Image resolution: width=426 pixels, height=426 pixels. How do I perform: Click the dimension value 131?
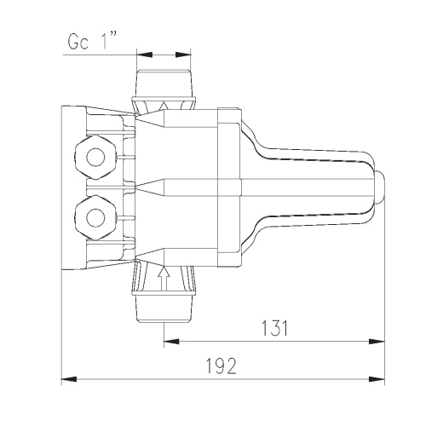[274, 328]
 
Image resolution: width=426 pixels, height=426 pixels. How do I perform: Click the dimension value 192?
[221, 366]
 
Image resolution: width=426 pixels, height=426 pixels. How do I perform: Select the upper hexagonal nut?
[95, 158]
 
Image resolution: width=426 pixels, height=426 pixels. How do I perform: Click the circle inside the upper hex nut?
[95, 158]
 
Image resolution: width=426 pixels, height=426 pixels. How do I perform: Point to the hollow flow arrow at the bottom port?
[164, 279]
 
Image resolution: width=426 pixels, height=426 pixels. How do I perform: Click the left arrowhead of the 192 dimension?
[69, 379]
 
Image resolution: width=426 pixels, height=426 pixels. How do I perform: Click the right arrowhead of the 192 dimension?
[377, 379]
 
